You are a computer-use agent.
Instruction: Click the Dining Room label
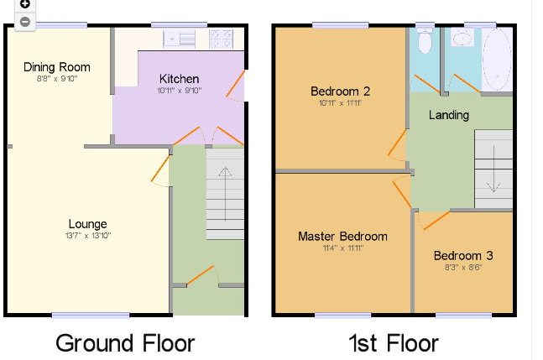pyautogui.click(x=57, y=67)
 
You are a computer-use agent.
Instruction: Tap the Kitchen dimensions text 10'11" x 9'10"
pyautogui.click(x=179, y=91)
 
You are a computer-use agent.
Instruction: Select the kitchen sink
pyautogui.click(x=180, y=39)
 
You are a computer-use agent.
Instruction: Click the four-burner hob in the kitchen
pyautogui.click(x=221, y=39)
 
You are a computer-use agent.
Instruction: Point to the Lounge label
pyautogui.click(x=87, y=224)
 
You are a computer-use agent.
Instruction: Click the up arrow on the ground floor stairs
pyautogui.click(x=225, y=194)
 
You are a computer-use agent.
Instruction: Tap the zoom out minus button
pyautogui.click(x=24, y=22)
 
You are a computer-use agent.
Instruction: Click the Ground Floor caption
pyautogui.click(x=125, y=343)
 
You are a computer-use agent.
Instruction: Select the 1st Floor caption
pyautogui.click(x=394, y=343)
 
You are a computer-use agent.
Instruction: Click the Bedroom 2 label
pyautogui.click(x=341, y=91)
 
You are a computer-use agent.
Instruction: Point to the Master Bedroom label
pyautogui.click(x=343, y=237)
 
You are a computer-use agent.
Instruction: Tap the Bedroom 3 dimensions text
pyautogui.click(x=463, y=268)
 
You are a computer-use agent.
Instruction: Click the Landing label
pyautogui.click(x=449, y=115)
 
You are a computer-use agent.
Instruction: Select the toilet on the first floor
pyautogui.click(x=425, y=40)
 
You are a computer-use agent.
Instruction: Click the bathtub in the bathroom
pyautogui.click(x=497, y=60)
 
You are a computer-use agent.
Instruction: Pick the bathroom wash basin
pyautogui.click(x=462, y=38)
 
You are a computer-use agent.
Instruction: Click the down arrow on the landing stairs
pyautogui.click(x=493, y=169)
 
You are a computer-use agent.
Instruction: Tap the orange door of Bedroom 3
pyautogui.click(x=436, y=221)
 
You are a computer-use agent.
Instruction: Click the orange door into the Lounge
pyautogui.click(x=160, y=168)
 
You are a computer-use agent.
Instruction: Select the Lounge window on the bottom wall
pyautogui.click(x=91, y=315)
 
